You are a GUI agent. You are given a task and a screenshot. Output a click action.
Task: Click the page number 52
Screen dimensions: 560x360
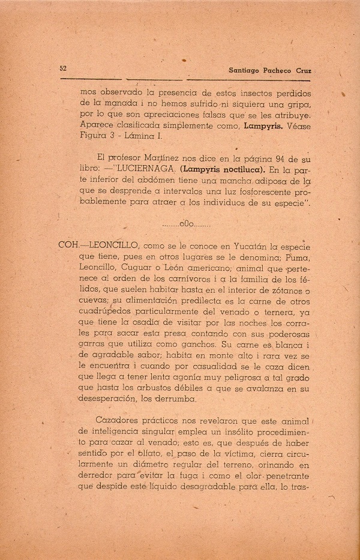click(x=63, y=68)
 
